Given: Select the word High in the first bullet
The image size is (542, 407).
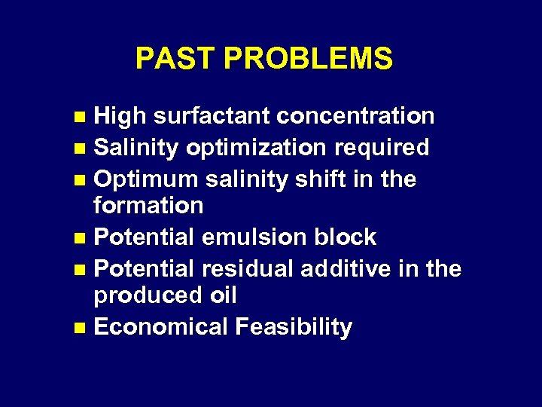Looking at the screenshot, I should pyautogui.click(x=120, y=116).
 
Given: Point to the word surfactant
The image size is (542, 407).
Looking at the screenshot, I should pyautogui.click(x=212, y=116).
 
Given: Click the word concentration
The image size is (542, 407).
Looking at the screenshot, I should pyautogui.click(x=355, y=116).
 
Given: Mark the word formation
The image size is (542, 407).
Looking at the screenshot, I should pyautogui.click(x=148, y=205).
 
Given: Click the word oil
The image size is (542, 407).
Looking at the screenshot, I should pyautogui.click(x=219, y=295).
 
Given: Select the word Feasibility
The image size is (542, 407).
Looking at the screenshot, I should pyautogui.click(x=294, y=328).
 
